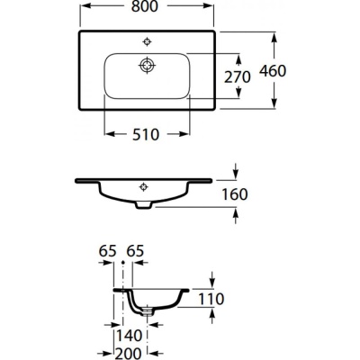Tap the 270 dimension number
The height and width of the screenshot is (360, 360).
tap(236, 76)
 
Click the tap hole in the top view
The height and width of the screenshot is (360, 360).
tap(148, 40)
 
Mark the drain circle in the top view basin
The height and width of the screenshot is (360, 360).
tap(148, 64)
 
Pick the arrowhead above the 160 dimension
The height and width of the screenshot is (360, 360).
tap(236, 173)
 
